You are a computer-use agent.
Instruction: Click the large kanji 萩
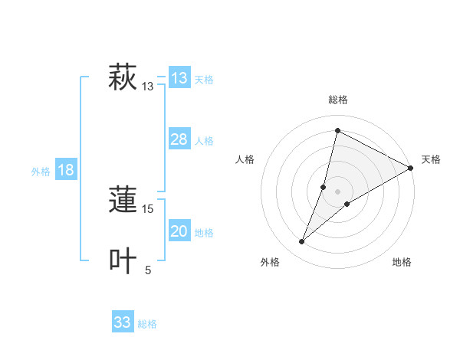(123, 78)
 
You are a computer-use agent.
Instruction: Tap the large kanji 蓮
(123, 201)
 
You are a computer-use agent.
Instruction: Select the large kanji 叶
(123, 261)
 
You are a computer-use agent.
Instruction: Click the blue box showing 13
(179, 78)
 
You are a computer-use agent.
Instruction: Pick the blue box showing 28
(179, 139)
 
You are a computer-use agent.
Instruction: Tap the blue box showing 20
(179, 231)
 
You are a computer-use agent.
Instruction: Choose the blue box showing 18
(66, 170)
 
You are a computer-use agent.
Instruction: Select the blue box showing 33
(123, 322)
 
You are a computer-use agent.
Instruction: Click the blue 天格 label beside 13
(204, 79)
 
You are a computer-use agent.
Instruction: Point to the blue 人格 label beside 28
(204, 140)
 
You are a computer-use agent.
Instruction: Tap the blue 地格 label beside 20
(204, 232)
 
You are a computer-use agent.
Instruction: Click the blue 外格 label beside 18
(41, 172)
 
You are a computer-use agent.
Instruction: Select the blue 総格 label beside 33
(147, 324)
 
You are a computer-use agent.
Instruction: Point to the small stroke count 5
(148, 270)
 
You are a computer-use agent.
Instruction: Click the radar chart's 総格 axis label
(337, 100)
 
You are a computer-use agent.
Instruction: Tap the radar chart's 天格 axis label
(431, 159)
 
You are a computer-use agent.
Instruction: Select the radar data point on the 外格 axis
(302, 242)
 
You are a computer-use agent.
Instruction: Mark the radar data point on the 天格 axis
(411, 168)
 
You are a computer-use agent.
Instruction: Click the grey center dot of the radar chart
(337, 191)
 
